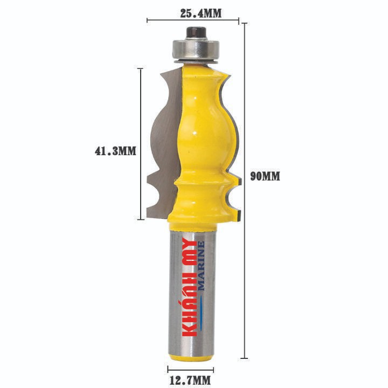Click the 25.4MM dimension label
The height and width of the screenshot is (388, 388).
coord(200,13)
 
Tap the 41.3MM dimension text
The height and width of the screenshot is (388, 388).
coord(115,151)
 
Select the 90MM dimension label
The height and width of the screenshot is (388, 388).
coord(265,176)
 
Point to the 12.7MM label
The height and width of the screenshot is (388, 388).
coord(190,380)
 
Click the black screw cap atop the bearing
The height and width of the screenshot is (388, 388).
coord(197,33)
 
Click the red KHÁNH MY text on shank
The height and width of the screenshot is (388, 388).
coord(190,287)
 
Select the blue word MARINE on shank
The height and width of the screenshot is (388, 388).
coord(201,266)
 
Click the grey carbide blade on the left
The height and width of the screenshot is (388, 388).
coord(165,143)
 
